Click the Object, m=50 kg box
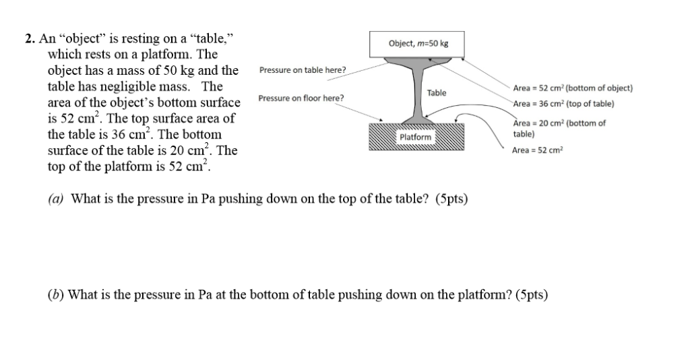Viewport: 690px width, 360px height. (x=416, y=44)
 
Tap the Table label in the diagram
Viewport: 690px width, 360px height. (x=437, y=93)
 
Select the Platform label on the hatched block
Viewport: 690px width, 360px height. (x=415, y=137)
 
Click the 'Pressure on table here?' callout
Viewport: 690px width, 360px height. (x=303, y=70)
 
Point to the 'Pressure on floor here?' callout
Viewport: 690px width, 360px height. (x=301, y=98)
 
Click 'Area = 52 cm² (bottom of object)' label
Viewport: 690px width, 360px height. (x=573, y=88)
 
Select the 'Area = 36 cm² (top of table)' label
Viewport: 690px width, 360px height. (x=564, y=104)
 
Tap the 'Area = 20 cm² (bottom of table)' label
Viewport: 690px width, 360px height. (x=559, y=129)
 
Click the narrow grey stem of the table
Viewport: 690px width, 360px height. (x=419, y=92)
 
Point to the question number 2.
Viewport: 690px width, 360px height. (x=30, y=38)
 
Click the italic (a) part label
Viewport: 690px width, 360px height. (x=56, y=199)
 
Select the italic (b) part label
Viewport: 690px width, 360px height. (x=56, y=295)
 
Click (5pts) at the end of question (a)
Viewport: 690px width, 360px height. (x=451, y=199)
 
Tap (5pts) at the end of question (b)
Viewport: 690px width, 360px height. (x=532, y=295)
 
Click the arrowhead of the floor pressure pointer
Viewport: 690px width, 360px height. (x=381, y=120)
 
